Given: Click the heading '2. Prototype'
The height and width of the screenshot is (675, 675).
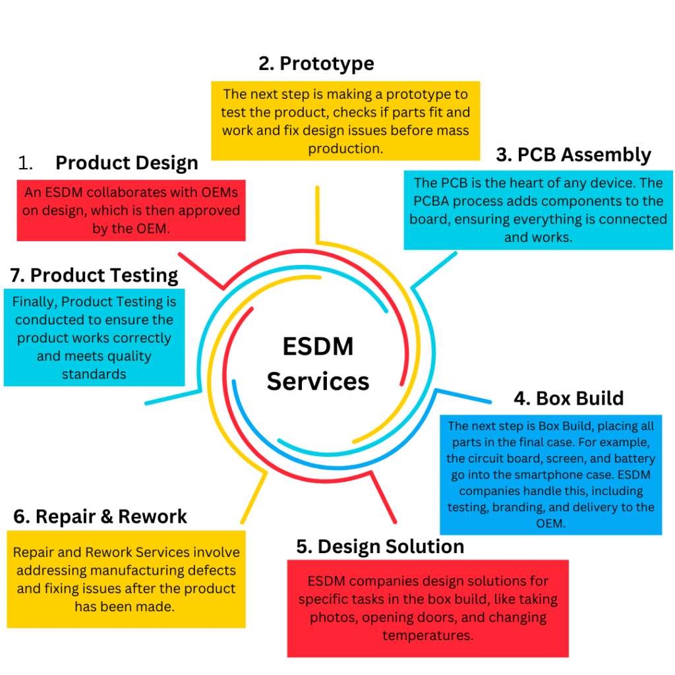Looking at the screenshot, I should pyautogui.click(x=316, y=63).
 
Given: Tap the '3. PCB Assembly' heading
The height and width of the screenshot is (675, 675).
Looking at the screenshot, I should pyautogui.click(x=573, y=155).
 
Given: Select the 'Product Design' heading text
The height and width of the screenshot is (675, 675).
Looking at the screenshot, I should pyautogui.click(x=127, y=163).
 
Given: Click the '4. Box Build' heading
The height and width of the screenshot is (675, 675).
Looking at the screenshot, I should pyautogui.click(x=568, y=398).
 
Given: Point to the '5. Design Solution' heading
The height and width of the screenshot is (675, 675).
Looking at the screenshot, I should pyautogui.click(x=380, y=546).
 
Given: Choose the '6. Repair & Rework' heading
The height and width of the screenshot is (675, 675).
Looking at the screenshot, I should pyautogui.click(x=100, y=517).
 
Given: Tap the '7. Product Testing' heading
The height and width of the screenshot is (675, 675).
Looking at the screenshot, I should pyautogui.click(x=94, y=275).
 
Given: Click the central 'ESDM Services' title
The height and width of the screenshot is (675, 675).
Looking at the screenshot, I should pyautogui.click(x=318, y=364).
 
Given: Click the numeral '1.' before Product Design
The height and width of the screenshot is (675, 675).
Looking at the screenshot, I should pyautogui.click(x=26, y=163).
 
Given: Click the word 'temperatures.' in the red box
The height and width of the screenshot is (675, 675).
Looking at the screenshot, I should pyautogui.click(x=427, y=635).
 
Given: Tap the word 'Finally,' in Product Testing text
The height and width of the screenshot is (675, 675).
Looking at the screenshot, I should pyautogui.click(x=36, y=302).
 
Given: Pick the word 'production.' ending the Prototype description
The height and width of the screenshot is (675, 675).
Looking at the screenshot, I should pyautogui.click(x=345, y=148).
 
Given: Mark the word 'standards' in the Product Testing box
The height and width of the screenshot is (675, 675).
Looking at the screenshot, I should pyautogui.click(x=94, y=374).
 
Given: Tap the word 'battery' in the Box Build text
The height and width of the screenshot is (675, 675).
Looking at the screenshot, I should pyautogui.click(x=636, y=458).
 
